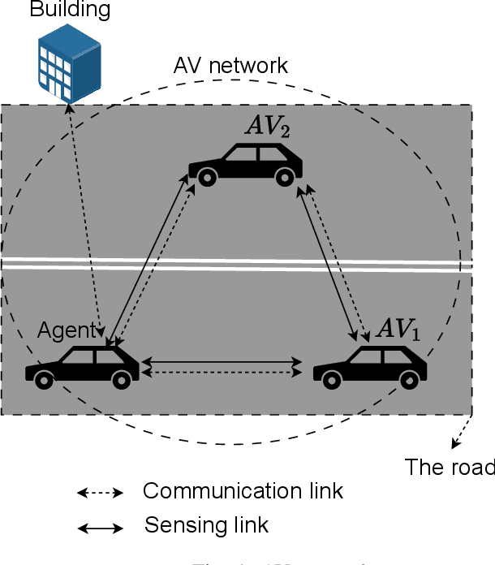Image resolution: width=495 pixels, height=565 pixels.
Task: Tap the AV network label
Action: [x=230, y=66]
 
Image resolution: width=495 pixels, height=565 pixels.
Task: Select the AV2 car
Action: [x=245, y=165]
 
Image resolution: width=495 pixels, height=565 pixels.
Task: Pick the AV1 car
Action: [x=371, y=367]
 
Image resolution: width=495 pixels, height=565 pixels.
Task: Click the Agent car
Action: [x=83, y=366]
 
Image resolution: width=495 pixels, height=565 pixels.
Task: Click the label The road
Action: [x=449, y=467]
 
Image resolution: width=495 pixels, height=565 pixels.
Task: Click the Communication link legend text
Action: [x=243, y=491]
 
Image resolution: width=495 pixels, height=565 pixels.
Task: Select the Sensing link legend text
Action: [x=206, y=525]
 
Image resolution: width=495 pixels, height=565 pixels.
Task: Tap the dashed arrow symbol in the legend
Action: [x=99, y=493]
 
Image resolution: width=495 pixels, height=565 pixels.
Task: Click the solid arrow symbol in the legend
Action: [x=99, y=528]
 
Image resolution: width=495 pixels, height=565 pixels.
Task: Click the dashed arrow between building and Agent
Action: [x=84, y=219]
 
